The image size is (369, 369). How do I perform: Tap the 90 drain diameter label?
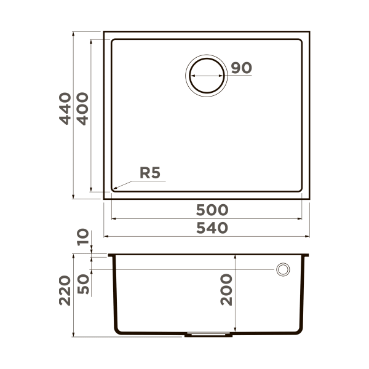click(x=242, y=68)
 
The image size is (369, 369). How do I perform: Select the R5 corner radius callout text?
click(x=149, y=173)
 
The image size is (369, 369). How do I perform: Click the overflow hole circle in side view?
click(x=283, y=269)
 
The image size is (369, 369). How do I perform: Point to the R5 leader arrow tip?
click(x=114, y=187)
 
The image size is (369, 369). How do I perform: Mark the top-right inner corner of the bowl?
click(x=301, y=41)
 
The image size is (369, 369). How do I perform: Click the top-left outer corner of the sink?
click(x=104, y=31)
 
